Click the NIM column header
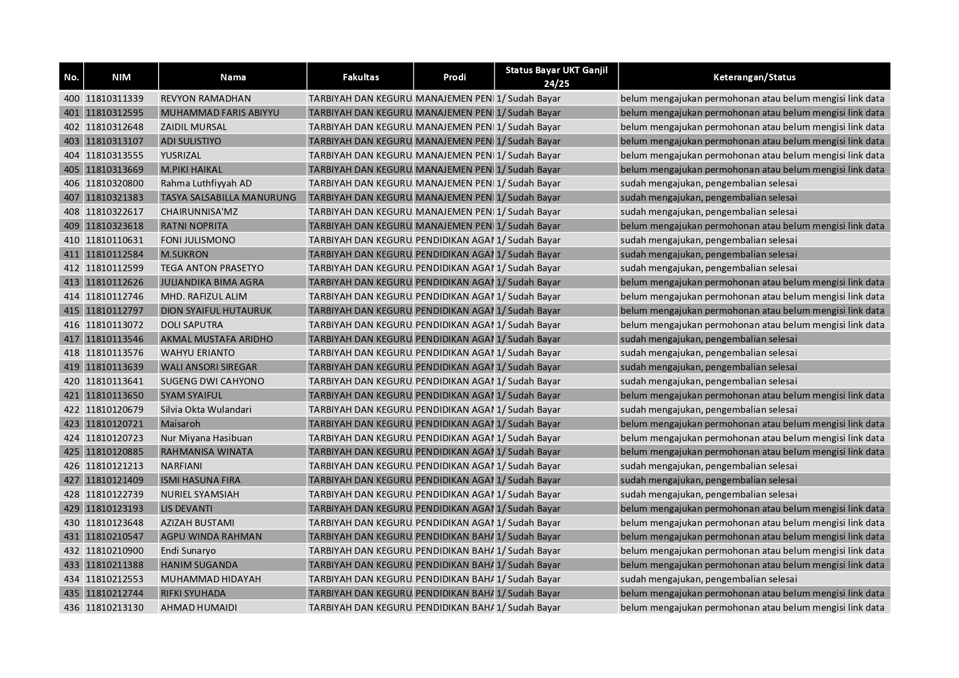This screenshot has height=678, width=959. click(121, 77)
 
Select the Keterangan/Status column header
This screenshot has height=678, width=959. click(754, 77)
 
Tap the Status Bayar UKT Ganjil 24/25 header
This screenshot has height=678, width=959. click(556, 77)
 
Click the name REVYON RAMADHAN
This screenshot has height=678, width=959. click(206, 98)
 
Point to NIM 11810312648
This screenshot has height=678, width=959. click(115, 127)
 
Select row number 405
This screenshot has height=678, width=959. click(72, 169)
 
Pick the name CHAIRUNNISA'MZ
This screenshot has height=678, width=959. click(199, 212)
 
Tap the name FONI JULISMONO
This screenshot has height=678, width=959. click(198, 240)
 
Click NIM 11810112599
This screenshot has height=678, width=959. click(115, 268)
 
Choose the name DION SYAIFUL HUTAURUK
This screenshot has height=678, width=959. click(216, 311)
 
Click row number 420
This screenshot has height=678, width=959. click(72, 381)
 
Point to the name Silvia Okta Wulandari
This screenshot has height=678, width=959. click(206, 410)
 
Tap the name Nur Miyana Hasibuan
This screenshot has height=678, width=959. click(206, 438)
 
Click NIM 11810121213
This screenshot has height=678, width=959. click(115, 466)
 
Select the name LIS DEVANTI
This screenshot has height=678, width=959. click(186, 508)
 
